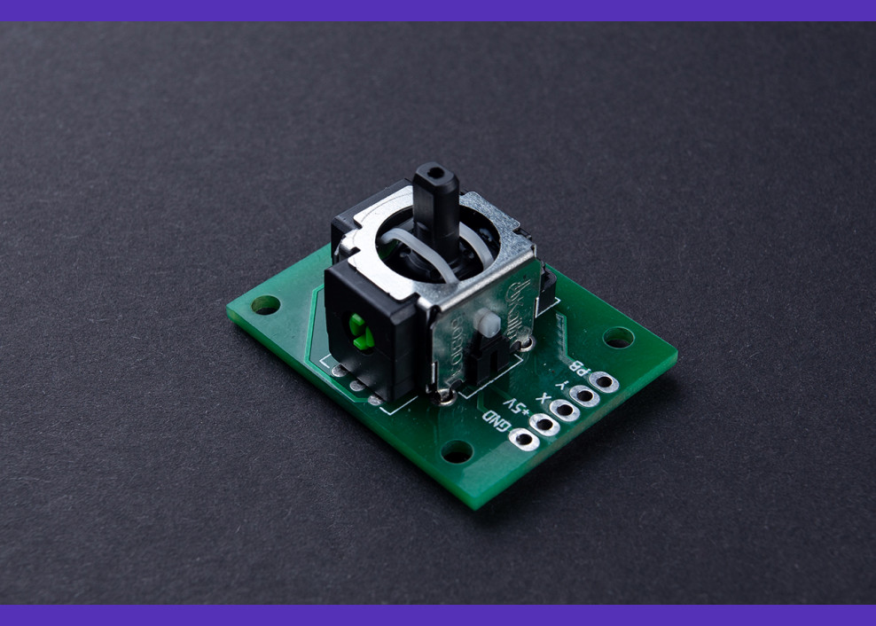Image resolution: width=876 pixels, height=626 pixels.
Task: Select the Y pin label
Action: [559, 380]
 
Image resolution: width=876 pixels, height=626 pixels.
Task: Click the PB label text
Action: [577, 365]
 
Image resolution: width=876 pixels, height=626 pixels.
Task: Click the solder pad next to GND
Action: [524, 439]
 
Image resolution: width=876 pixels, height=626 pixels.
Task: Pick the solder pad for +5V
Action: [544, 424]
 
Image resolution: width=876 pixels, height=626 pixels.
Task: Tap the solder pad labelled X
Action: [565, 410]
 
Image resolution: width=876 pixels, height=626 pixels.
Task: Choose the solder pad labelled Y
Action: [584, 395]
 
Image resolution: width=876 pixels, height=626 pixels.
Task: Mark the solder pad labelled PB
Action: [604, 381]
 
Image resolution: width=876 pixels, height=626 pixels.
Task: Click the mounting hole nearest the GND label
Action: [457, 452]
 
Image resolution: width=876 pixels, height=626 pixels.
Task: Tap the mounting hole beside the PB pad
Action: [618, 337]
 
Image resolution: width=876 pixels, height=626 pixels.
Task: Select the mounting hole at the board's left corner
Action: [265, 305]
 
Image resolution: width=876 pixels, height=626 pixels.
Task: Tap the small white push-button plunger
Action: [484, 323]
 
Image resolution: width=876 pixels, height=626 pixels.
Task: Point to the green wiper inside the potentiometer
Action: [359, 331]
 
